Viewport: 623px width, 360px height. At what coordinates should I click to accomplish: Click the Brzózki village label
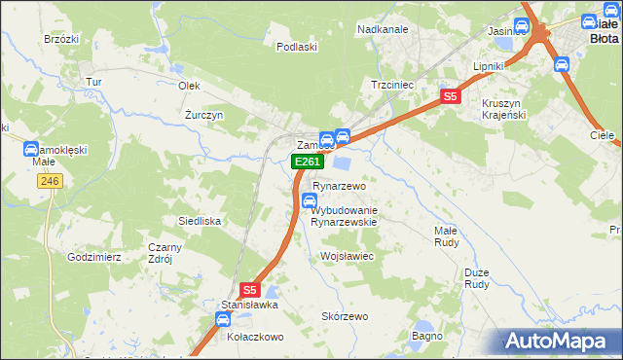(60, 39)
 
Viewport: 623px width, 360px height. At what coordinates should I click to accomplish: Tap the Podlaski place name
(297, 47)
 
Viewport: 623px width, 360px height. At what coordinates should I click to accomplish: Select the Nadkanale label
(383, 29)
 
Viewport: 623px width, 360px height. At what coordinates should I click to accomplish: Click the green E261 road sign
(307, 162)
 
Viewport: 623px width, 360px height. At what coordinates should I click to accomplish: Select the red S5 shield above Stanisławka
(250, 289)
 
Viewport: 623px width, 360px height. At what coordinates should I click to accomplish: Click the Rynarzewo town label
(338, 186)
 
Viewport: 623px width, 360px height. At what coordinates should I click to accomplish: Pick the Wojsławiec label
(348, 256)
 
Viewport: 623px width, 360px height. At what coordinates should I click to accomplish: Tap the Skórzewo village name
(346, 317)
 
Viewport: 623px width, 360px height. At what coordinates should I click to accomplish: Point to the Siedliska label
(199, 222)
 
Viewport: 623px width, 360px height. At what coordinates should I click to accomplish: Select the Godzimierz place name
(93, 257)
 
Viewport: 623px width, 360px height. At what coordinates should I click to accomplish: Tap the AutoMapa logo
(559, 341)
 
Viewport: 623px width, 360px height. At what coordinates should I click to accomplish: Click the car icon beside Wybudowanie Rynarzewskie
(310, 202)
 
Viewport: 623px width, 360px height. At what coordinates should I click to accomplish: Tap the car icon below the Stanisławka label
(223, 319)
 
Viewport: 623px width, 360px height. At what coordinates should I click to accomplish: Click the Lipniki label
(488, 66)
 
